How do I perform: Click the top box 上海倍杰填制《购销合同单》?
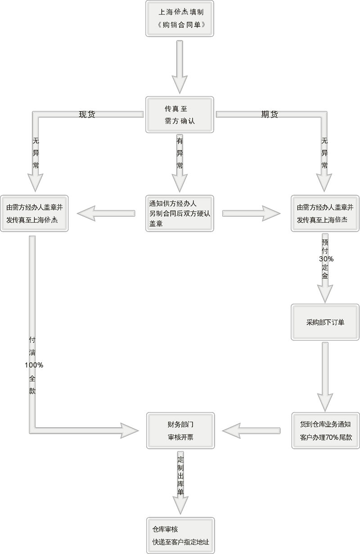tap(180, 18)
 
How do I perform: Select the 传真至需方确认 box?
tap(180, 114)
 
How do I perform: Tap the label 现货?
tap(87, 114)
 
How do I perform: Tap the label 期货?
tap(270, 114)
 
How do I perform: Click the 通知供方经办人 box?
tap(180, 213)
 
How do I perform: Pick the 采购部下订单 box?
tap(324, 322)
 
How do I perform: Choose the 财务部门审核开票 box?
tap(180, 430)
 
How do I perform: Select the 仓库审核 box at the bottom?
tap(180, 535)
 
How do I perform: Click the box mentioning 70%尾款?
tap(324, 430)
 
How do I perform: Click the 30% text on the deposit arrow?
tap(325, 259)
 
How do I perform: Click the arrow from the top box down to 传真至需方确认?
tap(180, 65)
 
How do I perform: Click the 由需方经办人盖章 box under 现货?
tap(34, 213)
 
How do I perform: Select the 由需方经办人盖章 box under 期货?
tap(324, 213)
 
